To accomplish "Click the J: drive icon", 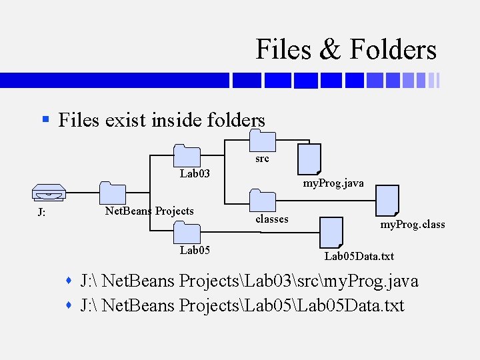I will (x=49, y=194).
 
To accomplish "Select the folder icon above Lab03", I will (x=187, y=155).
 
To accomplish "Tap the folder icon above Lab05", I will (x=187, y=233).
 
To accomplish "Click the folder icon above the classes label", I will (x=262, y=201).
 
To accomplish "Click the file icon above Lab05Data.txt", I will (x=331, y=231).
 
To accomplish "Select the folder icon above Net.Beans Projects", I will (x=113, y=193).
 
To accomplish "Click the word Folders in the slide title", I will (x=393, y=50).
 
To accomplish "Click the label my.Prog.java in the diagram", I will (x=333, y=183).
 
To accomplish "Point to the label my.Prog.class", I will (x=412, y=225).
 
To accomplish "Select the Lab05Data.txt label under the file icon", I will (x=359, y=256).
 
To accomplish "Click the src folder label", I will (x=262, y=159).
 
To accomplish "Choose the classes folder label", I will (x=272, y=219).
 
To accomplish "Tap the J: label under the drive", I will (x=41, y=213).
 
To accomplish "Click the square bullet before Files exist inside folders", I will (x=45, y=120).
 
